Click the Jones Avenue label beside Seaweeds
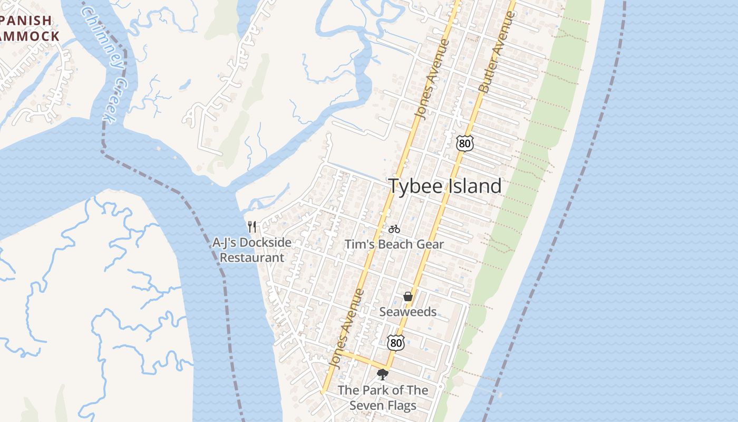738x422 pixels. (346, 328)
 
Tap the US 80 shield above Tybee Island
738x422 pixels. (465, 143)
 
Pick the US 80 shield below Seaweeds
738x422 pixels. (395, 342)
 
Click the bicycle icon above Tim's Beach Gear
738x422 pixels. (394, 229)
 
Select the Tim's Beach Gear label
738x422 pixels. (394, 244)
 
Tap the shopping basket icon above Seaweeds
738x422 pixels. (408, 297)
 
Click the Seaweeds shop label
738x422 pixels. (408, 312)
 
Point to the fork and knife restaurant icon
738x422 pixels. (253, 227)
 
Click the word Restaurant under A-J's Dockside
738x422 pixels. (252, 258)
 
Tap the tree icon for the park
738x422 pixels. (383, 375)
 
